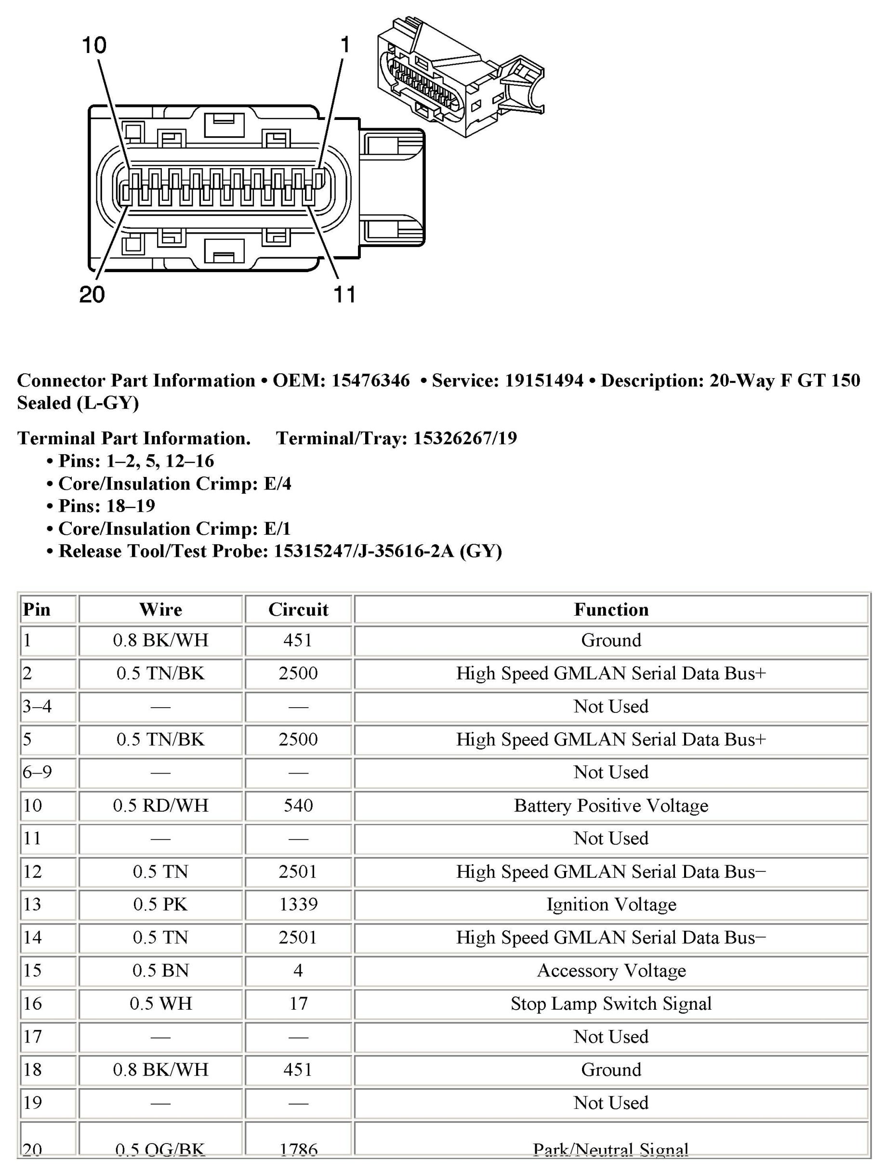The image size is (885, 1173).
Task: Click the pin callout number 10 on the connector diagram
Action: [94, 46]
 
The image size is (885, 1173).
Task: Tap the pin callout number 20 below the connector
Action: [92, 294]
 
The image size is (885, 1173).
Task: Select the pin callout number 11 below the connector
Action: [344, 294]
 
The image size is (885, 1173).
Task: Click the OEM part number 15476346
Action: [370, 380]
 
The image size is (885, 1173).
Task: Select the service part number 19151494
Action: [543, 380]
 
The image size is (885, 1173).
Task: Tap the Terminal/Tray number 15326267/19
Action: [465, 438]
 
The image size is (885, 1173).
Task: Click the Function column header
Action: [611, 609]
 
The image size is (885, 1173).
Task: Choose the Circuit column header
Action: [298, 609]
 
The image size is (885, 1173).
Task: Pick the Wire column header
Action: [160, 609]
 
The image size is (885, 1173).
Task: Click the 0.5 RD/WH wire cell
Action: [160, 805]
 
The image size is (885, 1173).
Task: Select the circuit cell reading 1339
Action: [298, 904]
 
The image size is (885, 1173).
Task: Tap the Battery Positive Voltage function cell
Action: [611, 805]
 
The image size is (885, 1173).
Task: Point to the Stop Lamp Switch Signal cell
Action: [611, 1003]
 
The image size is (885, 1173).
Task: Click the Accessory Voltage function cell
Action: [611, 970]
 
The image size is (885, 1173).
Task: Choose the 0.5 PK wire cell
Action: [160, 904]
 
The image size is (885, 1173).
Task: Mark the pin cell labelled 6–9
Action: [37, 772]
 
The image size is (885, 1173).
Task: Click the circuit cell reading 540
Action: [298, 805]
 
